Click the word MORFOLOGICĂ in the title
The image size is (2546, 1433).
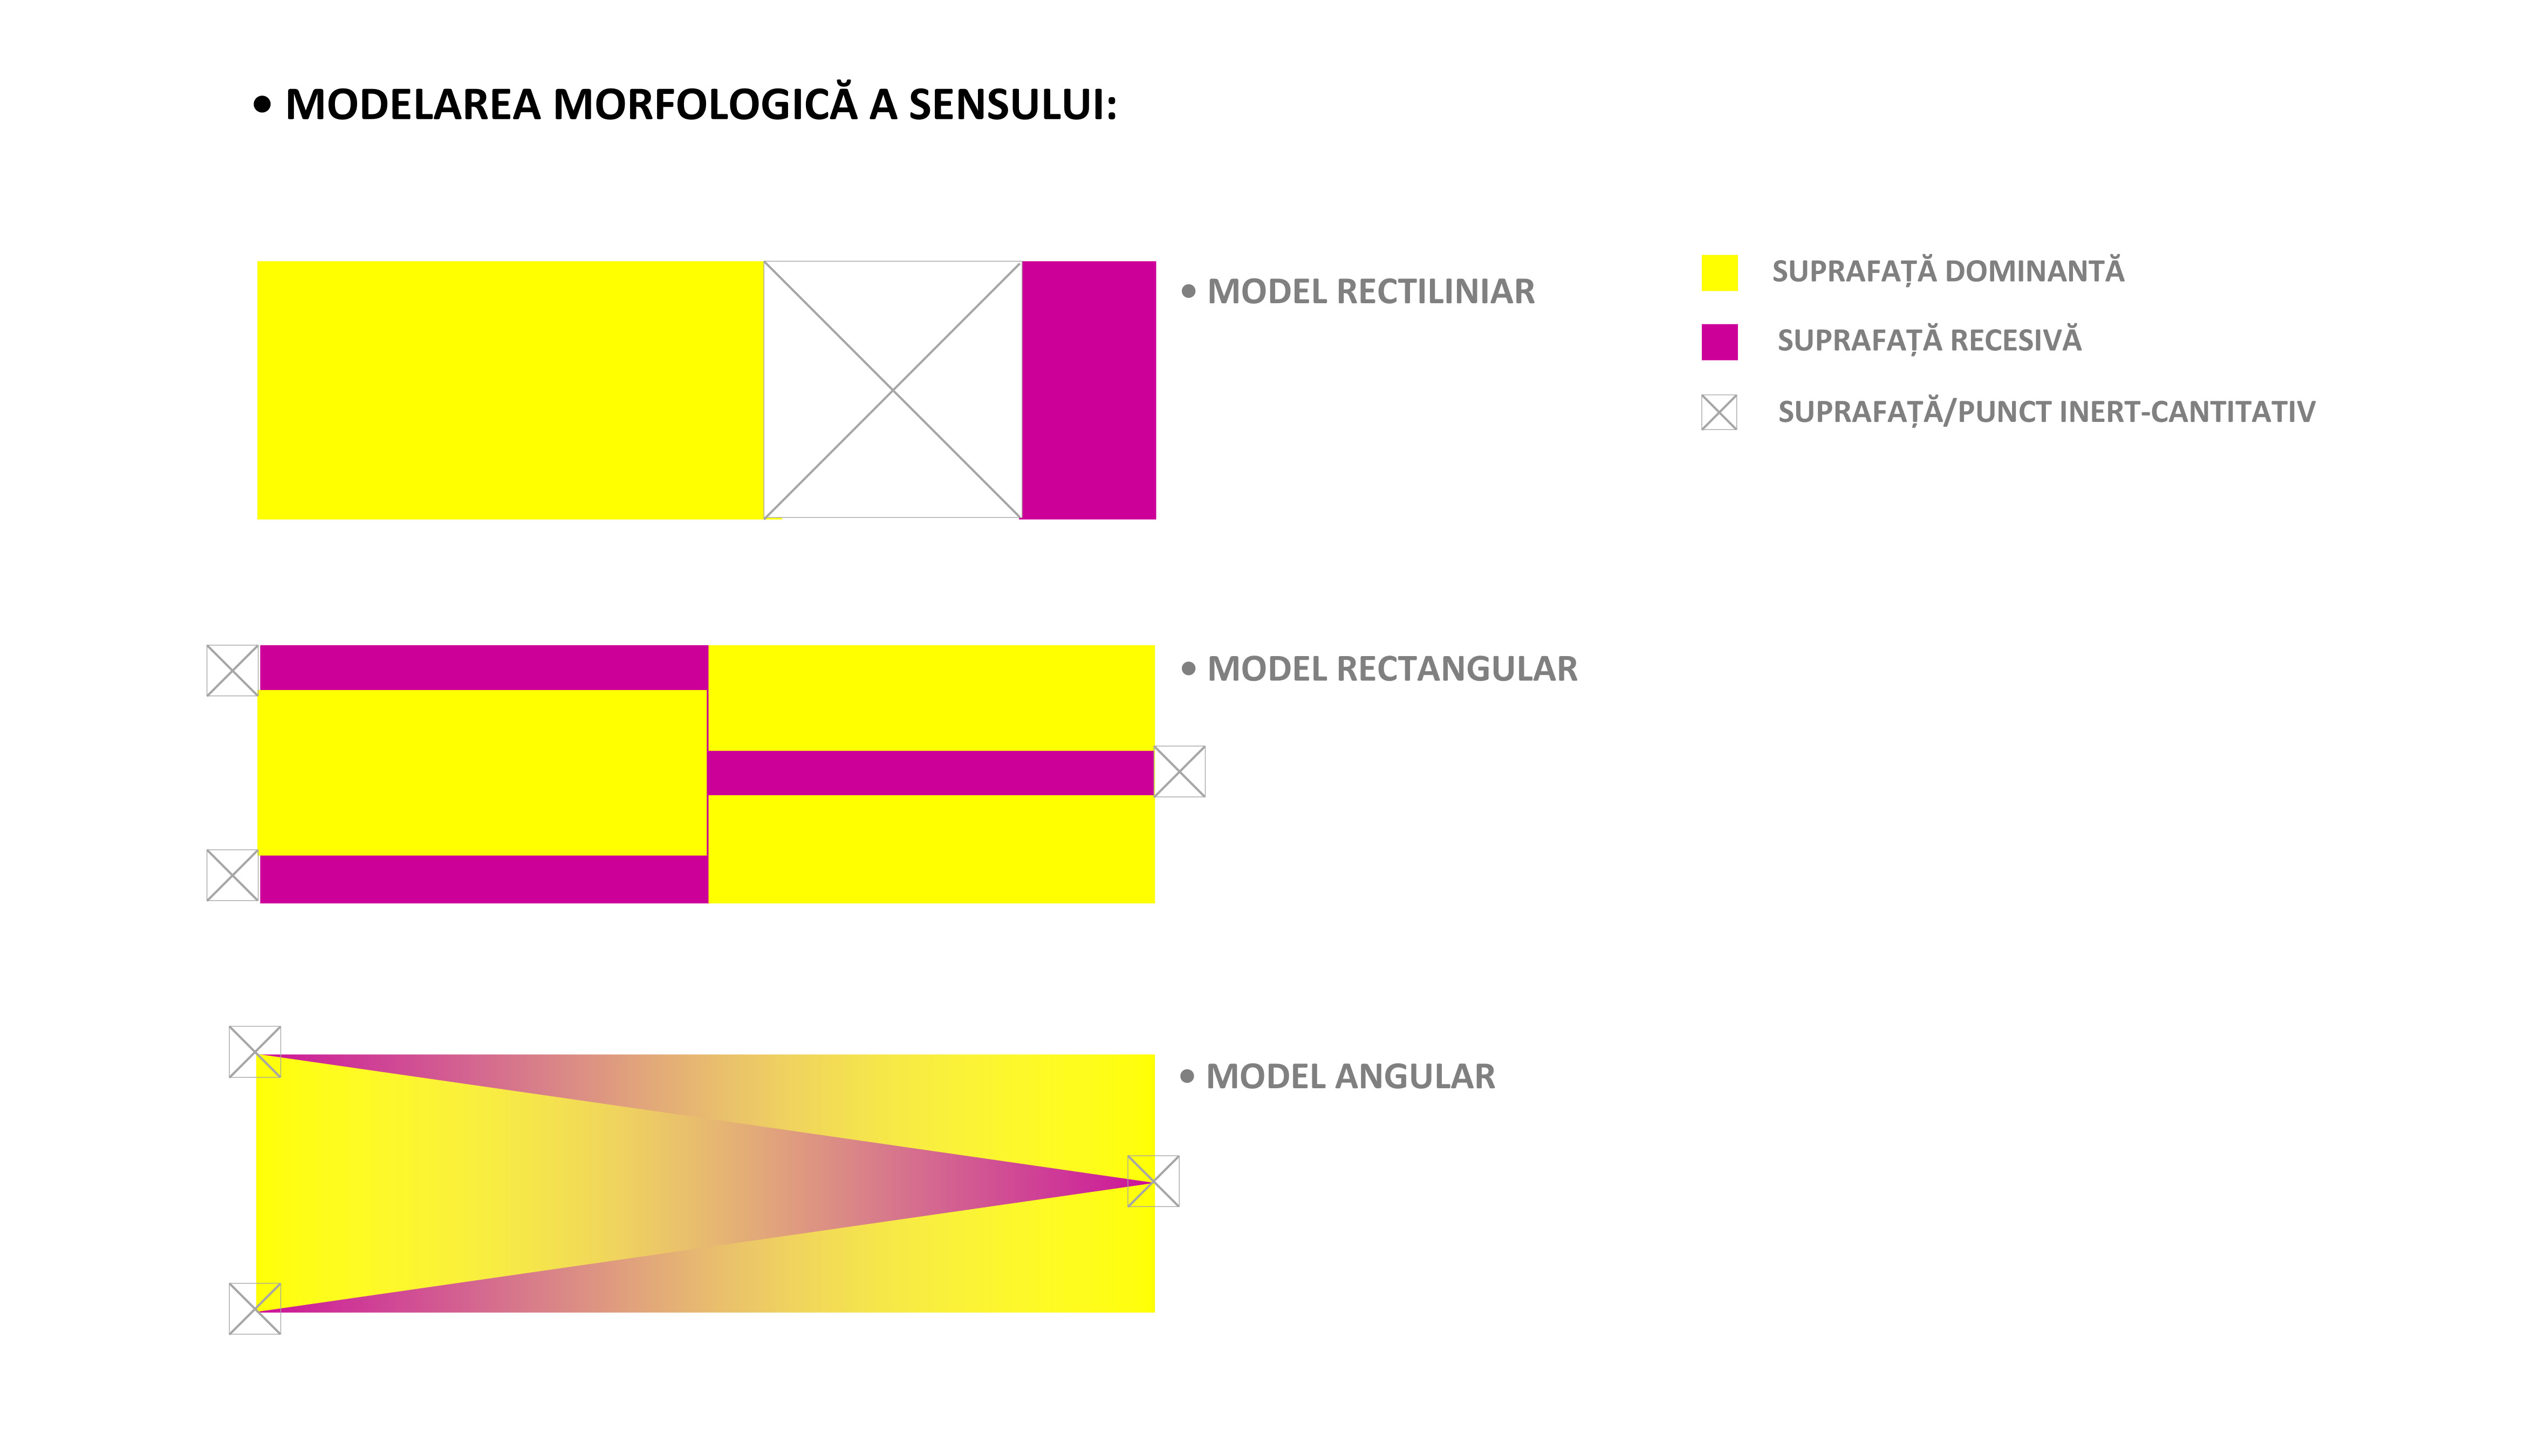point(704,105)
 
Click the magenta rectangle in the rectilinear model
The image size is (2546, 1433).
point(1088,391)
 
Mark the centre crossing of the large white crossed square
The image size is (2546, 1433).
point(893,391)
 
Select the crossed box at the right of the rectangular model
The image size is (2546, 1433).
point(1180,772)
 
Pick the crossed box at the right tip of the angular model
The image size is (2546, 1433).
point(1153,1181)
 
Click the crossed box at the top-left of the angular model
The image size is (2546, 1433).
point(255,1052)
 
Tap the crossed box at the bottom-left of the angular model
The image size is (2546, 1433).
point(255,1308)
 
